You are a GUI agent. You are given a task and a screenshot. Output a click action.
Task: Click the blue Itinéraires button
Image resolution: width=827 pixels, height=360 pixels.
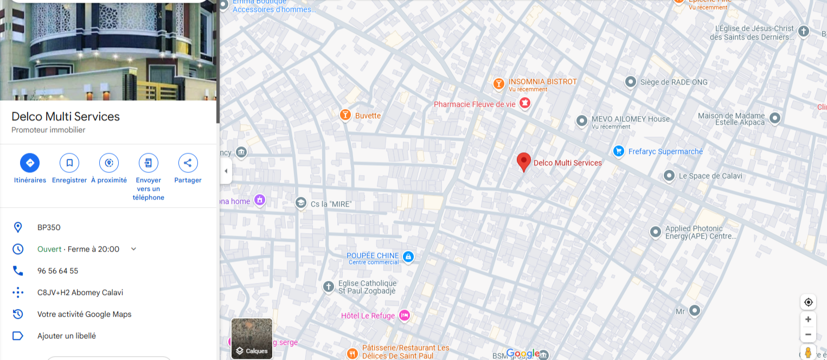coord(30,163)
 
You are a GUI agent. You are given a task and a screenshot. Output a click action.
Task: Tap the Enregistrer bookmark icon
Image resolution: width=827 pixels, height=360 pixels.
coord(69,163)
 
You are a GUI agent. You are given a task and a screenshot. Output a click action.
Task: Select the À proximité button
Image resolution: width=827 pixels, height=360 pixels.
coord(109,163)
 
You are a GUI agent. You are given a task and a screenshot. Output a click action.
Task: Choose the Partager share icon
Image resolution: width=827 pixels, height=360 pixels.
coord(188,163)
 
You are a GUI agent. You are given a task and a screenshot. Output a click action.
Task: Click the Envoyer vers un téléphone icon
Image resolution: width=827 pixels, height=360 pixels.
coord(149,163)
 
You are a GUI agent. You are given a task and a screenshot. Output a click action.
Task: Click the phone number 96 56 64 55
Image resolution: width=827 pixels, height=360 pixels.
coord(57,271)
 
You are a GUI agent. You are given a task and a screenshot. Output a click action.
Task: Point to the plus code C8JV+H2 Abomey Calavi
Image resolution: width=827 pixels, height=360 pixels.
coord(80,292)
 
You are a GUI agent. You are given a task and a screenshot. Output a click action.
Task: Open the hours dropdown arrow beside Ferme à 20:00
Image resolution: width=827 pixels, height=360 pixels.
coord(133,249)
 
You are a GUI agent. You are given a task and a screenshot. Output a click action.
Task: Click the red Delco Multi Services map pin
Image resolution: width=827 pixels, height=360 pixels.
coord(523,162)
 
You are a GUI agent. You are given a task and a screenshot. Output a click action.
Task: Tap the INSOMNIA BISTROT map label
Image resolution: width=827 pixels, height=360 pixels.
coord(542,81)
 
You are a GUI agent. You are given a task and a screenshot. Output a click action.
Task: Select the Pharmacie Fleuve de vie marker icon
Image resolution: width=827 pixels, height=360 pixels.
coord(524,102)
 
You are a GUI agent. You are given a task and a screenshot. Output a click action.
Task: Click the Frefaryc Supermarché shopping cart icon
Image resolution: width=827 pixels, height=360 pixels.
coord(618,151)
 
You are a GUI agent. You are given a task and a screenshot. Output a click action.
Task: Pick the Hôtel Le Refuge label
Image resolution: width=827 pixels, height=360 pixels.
coord(368,316)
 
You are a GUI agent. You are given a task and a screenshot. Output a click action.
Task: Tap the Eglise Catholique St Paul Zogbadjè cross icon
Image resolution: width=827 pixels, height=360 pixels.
coord(328,287)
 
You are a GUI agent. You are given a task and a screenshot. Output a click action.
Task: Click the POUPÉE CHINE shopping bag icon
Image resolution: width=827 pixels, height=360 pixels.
coord(408,256)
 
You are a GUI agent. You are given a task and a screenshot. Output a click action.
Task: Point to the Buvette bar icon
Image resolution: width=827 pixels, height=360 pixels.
coord(344,115)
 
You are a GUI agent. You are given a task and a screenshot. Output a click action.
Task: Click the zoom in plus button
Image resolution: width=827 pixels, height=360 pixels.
coord(808,319)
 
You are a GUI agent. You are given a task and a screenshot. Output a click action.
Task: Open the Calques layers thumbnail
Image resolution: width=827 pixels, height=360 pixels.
coord(252,338)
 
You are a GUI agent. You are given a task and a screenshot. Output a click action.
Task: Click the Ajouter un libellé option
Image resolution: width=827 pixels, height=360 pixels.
coord(66,336)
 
